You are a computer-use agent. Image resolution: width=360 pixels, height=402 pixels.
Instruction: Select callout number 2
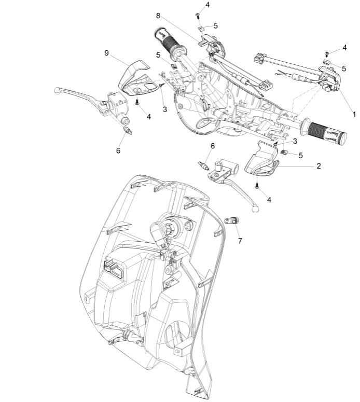click(319, 166)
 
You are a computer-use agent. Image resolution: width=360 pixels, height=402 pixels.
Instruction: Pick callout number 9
click(106, 53)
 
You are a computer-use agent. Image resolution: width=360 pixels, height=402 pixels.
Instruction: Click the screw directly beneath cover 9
click(137, 102)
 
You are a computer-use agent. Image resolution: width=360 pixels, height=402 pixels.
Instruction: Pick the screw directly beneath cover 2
click(257, 184)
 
